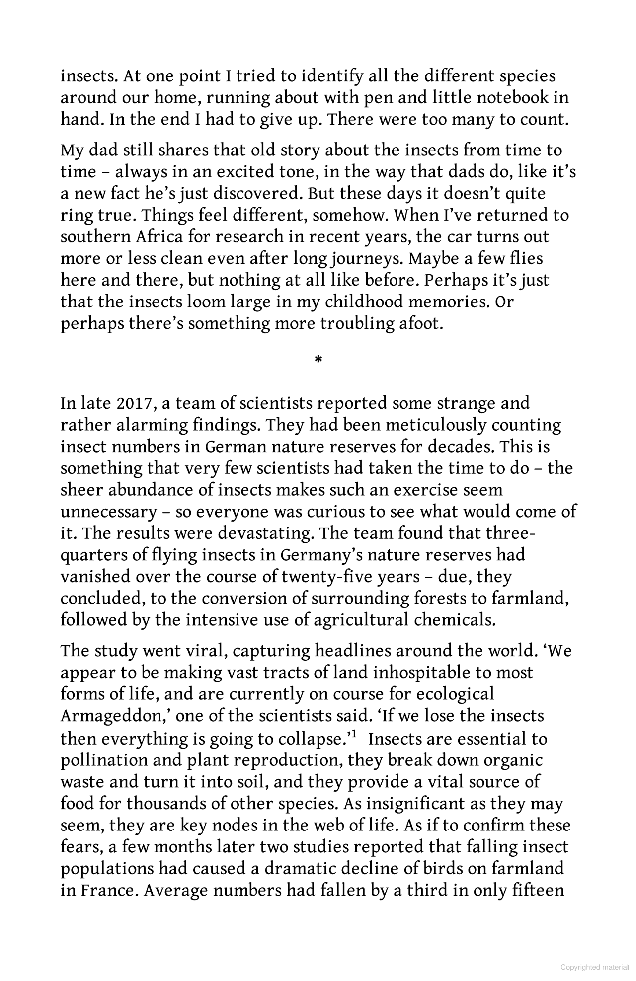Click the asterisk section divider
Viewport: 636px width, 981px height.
pyautogui.click(x=318, y=359)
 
